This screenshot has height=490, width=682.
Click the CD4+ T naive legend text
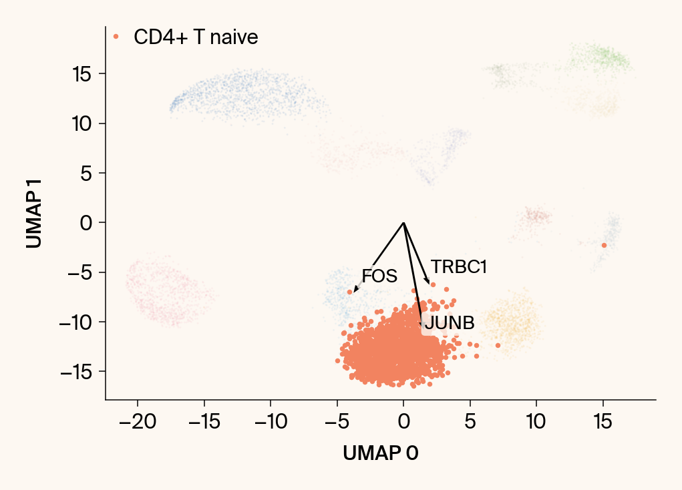[196, 37]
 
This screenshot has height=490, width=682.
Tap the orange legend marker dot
[116, 37]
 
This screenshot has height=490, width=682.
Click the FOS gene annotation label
[379, 276]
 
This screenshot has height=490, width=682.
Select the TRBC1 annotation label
[459, 267]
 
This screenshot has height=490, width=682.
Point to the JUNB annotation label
[450, 323]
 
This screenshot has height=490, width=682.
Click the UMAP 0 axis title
[381, 453]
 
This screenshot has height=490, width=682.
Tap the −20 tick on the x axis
[138, 422]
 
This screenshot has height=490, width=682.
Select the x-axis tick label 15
[603, 422]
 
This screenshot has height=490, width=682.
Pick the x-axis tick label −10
[271, 422]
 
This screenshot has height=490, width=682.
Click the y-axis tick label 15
[82, 73]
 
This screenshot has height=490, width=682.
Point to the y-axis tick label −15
[77, 372]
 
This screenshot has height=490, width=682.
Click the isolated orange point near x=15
[604, 246]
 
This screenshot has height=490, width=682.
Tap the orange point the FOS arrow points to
[349, 292]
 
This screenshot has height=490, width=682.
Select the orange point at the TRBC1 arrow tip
[433, 284]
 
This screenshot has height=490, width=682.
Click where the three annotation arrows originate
[403, 222]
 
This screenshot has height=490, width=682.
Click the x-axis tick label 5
[470, 422]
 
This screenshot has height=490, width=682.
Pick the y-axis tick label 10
[82, 124]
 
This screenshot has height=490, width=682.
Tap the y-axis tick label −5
[79, 272]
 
